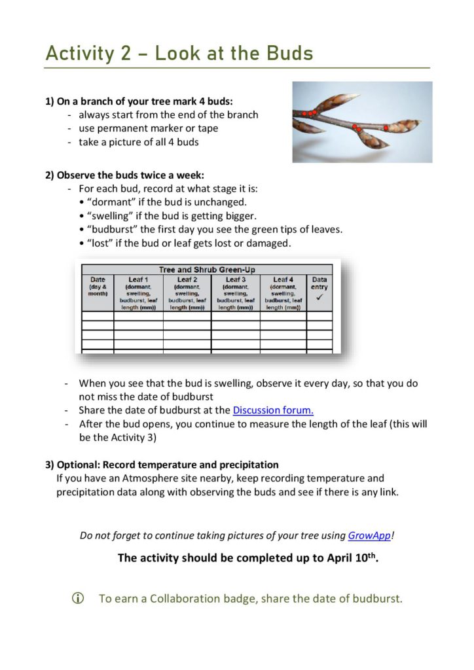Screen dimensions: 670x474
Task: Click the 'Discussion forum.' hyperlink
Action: (273, 411)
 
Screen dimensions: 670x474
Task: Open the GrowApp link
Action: (369, 535)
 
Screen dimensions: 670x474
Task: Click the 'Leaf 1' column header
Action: (138, 279)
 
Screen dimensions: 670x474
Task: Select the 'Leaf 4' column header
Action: (283, 279)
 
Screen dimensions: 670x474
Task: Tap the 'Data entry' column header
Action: (319, 283)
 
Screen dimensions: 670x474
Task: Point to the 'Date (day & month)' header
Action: (98, 286)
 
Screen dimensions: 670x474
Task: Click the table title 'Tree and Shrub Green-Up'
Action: (207, 270)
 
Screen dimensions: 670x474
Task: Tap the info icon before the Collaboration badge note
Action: (78, 598)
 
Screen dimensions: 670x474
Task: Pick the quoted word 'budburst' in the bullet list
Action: (113, 229)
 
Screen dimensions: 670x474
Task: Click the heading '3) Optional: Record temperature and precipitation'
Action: (162, 465)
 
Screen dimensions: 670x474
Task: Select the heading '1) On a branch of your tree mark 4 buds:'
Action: (139, 101)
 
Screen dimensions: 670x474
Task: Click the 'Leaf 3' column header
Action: (235, 279)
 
